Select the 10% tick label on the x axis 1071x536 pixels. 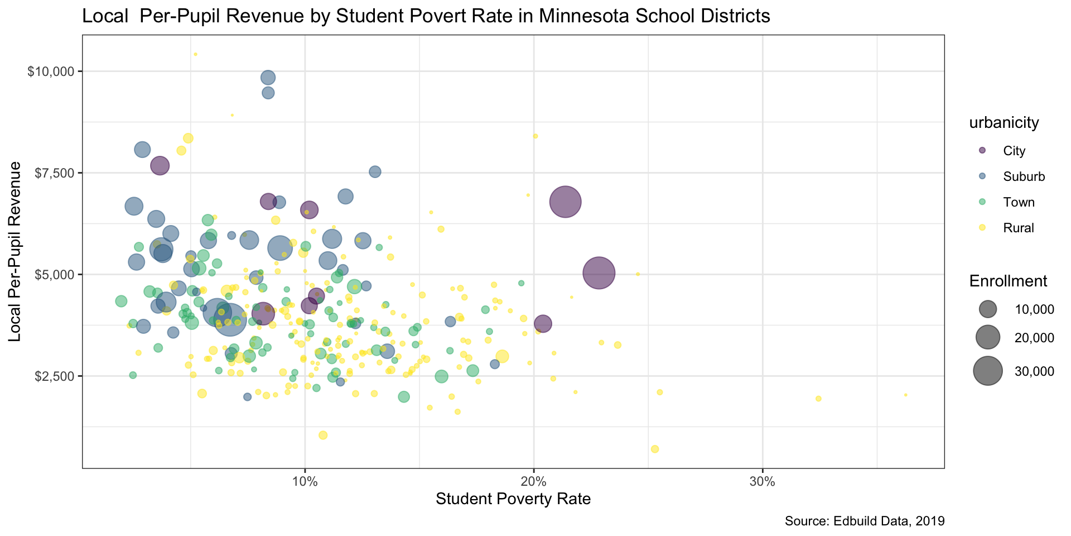pos(305,481)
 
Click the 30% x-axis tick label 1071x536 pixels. pos(762,481)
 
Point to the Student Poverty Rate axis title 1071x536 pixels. pos(513,499)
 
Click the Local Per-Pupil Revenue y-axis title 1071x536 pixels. pos(15,251)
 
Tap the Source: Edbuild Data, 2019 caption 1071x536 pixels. pos(864,521)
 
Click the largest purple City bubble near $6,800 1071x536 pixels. pos(565,202)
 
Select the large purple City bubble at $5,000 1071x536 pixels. pos(599,273)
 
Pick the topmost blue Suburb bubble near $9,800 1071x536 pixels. pos(268,78)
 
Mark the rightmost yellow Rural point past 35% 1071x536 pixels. pos(905,395)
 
